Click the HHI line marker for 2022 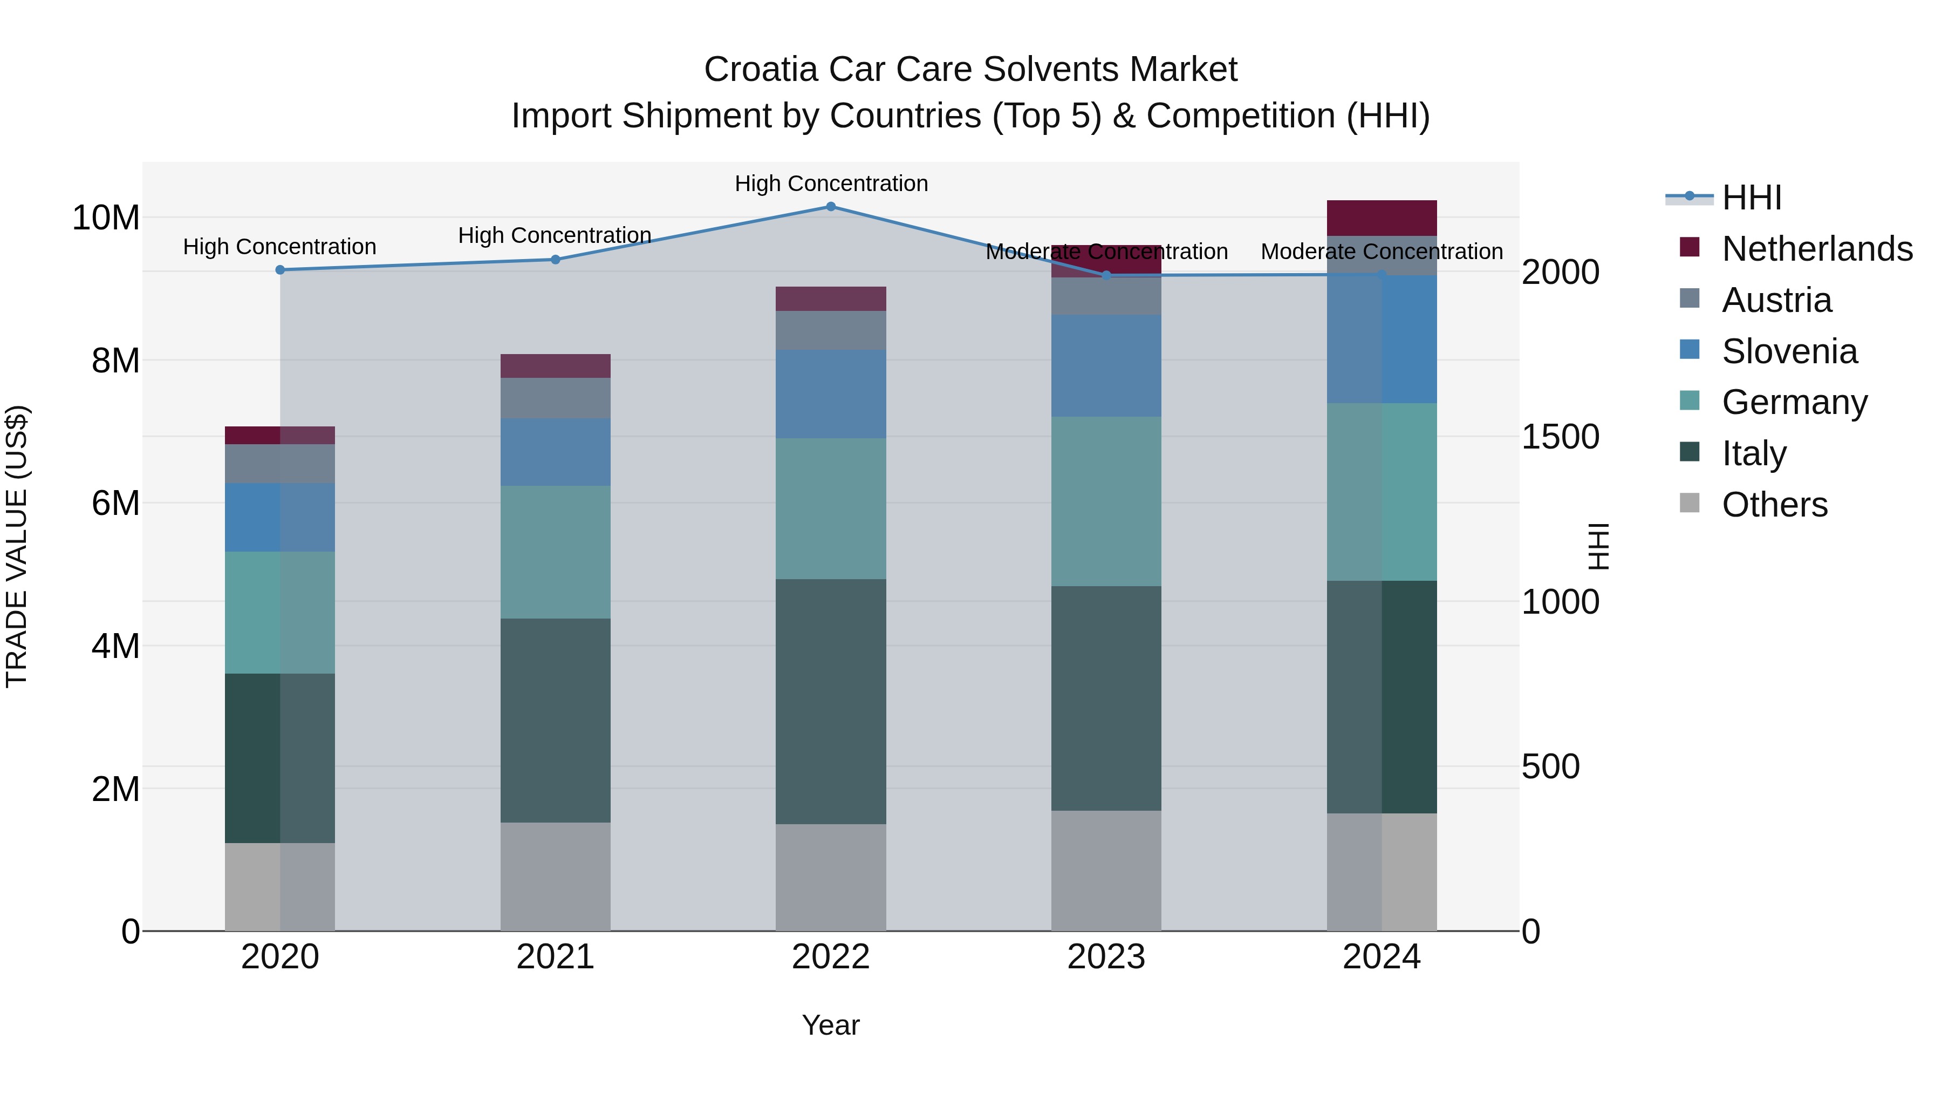pyautogui.click(x=831, y=207)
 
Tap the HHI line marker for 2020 pyautogui.click(x=279, y=270)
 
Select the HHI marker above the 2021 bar pyautogui.click(x=556, y=260)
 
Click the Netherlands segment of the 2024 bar pyautogui.click(x=1382, y=218)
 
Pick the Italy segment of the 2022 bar pyautogui.click(x=831, y=702)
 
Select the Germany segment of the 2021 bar pyautogui.click(x=556, y=552)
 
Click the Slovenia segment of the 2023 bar pyautogui.click(x=1106, y=366)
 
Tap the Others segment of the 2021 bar pyautogui.click(x=556, y=877)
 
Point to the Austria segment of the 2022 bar pyautogui.click(x=831, y=330)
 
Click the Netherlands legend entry pyautogui.click(x=1817, y=249)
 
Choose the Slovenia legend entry pyautogui.click(x=1790, y=351)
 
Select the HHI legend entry pyautogui.click(x=1751, y=198)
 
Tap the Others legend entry pyautogui.click(x=1775, y=505)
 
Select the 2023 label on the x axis pyautogui.click(x=1106, y=957)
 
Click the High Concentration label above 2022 pyautogui.click(x=831, y=184)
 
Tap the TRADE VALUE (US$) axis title pyautogui.click(x=17, y=546)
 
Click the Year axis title pyautogui.click(x=831, y=1025)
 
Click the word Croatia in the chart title pyautogui.click(x=761, y=70)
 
